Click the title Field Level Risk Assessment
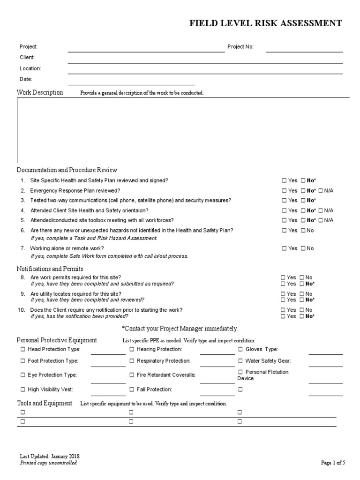265,23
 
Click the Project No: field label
240,47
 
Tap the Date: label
26,79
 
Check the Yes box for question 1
285,180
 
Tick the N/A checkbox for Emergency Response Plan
321,191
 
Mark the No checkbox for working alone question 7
303,248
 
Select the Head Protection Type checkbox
23,349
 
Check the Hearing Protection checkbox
132,349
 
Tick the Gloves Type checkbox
240,349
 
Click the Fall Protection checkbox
132,390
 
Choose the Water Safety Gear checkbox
240,361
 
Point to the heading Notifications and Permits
50,269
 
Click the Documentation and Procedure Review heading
67,170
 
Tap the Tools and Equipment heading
45,403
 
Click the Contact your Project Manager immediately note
180,328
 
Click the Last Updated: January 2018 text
50,457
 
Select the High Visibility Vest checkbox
23,390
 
